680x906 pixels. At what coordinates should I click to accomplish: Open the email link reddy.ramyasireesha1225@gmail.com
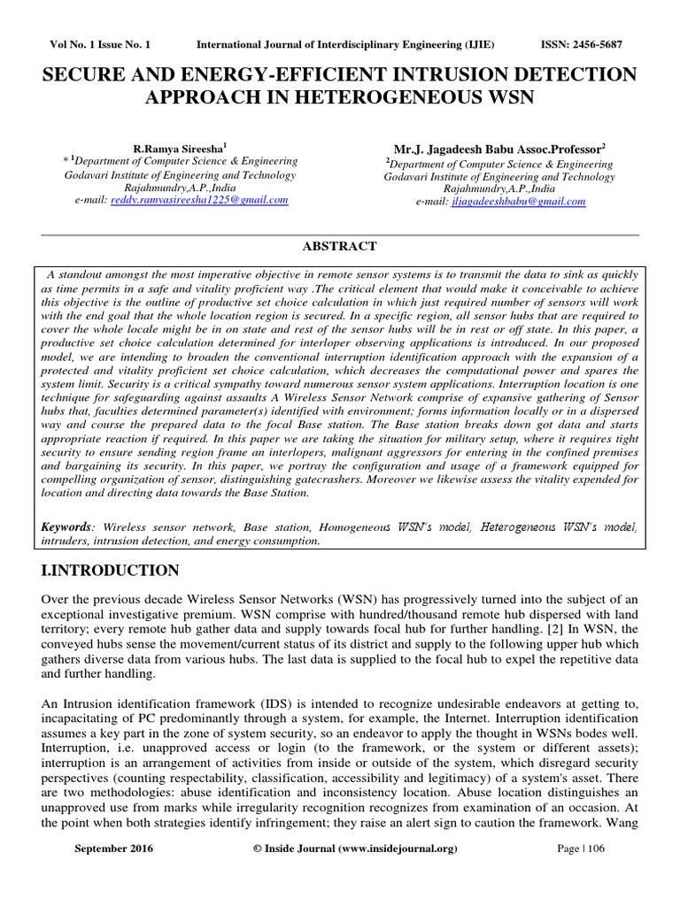198,201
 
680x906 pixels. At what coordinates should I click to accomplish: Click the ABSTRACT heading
339,246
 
